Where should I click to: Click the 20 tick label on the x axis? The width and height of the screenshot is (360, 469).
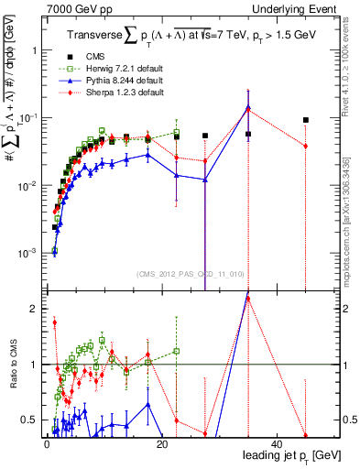(161, 443)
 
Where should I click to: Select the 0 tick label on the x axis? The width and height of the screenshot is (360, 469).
(46, 443)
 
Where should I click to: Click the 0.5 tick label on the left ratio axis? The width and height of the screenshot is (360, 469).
(29, 420)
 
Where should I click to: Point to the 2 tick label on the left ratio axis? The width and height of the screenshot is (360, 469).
(33, 309)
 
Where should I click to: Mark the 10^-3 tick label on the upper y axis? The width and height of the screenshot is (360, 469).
(27, 252)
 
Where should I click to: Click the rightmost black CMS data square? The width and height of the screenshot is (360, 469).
(306, 120)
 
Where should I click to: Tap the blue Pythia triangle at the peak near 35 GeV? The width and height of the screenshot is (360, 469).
(248, 107)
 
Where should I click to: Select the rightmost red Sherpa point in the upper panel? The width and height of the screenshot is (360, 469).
(306, 147)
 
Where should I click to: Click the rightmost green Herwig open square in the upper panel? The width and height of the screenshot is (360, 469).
(176, 133)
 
